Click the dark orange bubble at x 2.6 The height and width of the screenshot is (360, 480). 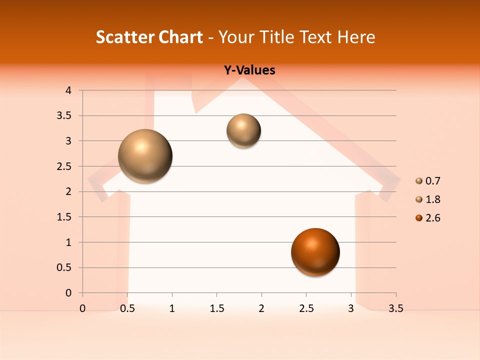pos(315,252)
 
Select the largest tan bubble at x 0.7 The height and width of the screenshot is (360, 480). pos(145,156)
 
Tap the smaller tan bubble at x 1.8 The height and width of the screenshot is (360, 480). pos(243,130)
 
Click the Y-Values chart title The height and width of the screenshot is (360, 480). pos(249,70)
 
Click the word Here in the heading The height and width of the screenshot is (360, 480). pos(356,37)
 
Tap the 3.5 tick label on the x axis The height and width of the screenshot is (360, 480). pos(395,308)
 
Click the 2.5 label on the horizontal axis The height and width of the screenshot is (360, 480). pos(306,308)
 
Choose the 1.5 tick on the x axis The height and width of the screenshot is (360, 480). pos(216,308)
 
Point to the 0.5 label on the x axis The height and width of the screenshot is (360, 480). pos(127,308)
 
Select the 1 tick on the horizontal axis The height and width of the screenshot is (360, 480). pos(172,308)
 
